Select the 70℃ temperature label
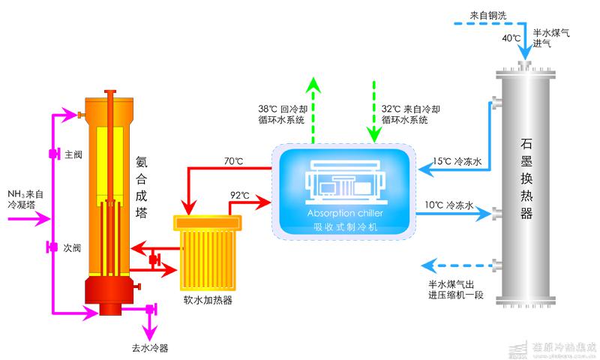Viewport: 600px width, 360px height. (x=234, y=160)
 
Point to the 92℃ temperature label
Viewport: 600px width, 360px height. (x=240, y=196)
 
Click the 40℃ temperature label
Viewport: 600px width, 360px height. (x=511, y=38)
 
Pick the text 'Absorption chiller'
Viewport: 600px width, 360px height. (x=344, y=214)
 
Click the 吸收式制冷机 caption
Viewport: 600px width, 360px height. (x=344, y=226)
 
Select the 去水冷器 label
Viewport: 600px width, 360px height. (x=149, y=347)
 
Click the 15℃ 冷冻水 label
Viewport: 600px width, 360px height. (x=457, y=160)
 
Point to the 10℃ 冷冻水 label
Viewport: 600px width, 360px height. (x=449, y=205)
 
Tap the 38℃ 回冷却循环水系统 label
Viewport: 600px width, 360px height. (x=282, y=114)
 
